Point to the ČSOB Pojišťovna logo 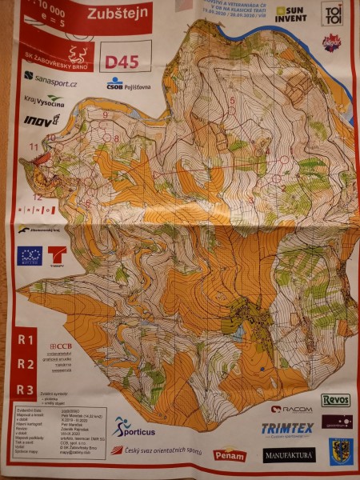pos(127,83)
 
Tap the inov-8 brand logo pos(42,121)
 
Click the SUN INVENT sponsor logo pos(290,14)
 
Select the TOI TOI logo pos(333,13)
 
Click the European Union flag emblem pos(30,256)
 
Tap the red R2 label pos(26,364)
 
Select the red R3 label pos(26,390)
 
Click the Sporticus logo pos(133,427)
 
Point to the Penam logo pos(229,454)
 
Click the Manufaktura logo pos(289,455)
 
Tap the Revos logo pos(336,399)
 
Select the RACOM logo pos(291,409)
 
